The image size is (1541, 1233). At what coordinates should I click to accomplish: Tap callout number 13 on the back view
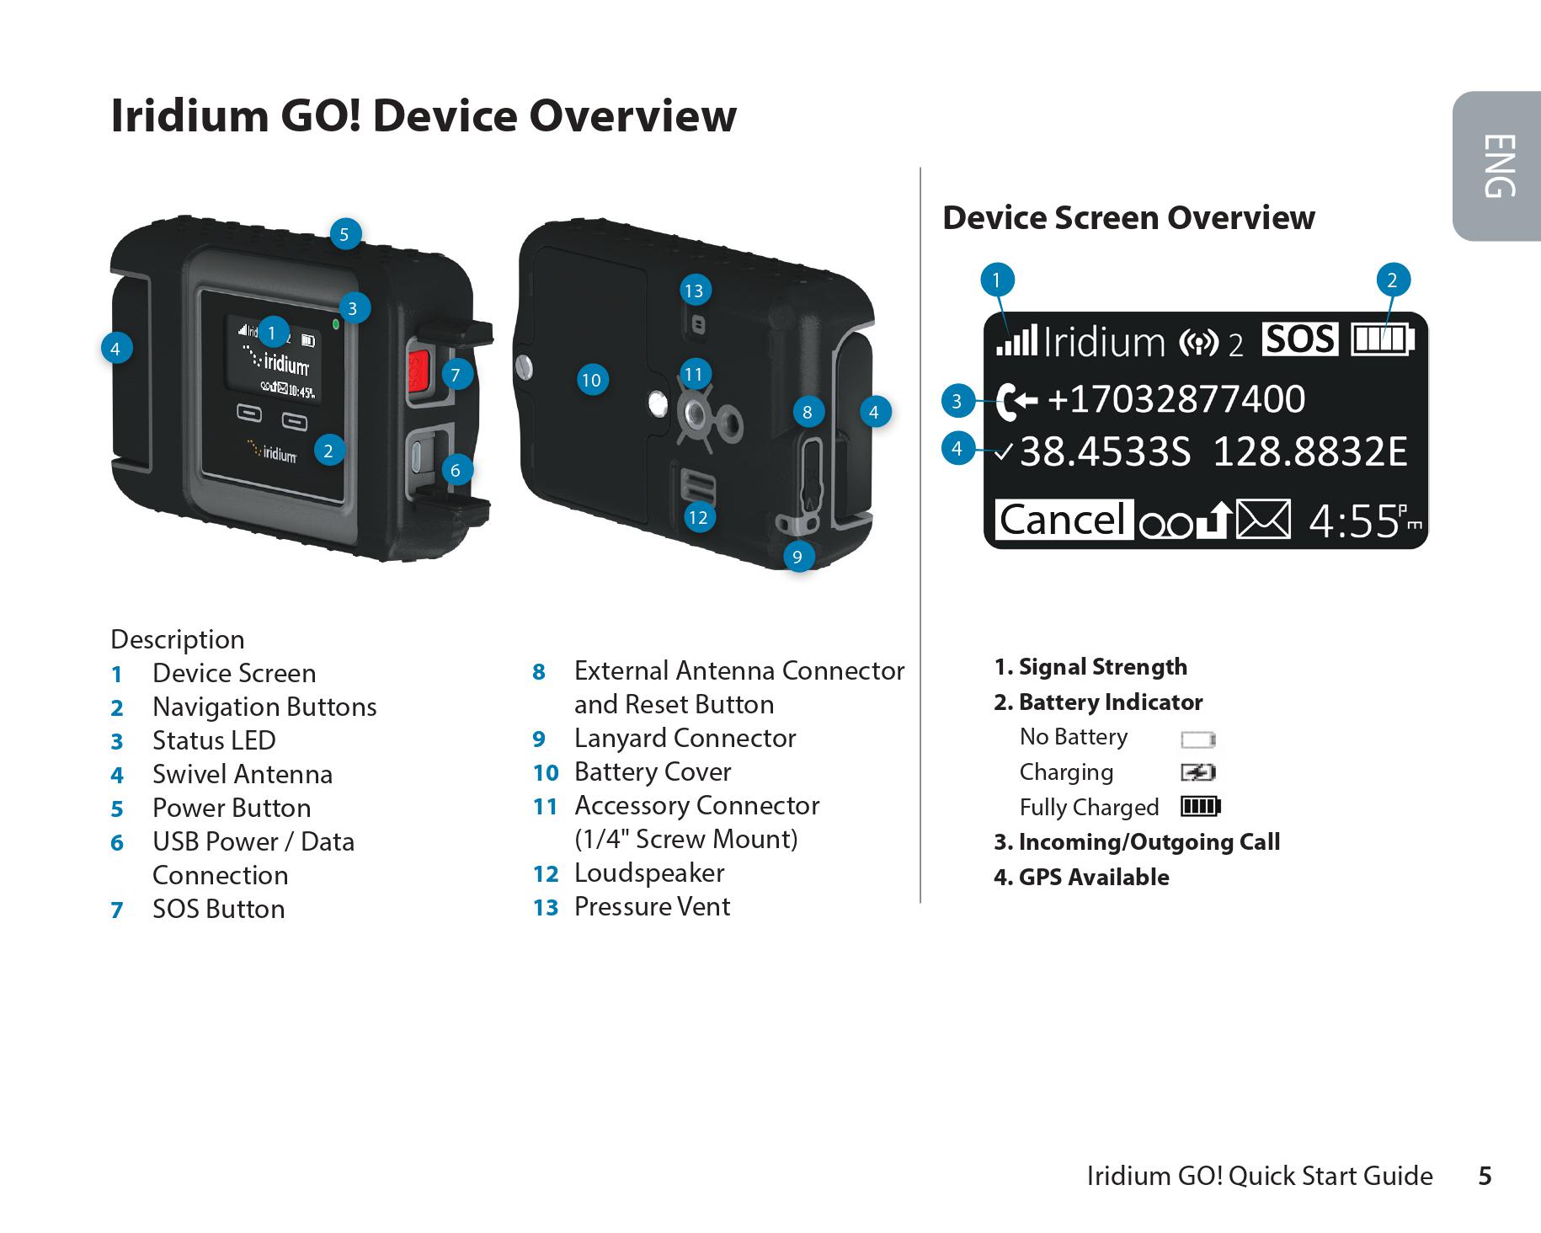[693, 291]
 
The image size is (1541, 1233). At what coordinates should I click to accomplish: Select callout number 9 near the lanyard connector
[797, 556]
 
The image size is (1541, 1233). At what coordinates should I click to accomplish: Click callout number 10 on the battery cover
[591, 380]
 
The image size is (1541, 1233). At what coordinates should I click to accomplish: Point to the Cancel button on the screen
[1063, 520]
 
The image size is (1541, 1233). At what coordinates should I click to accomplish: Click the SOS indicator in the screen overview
[1299, 339]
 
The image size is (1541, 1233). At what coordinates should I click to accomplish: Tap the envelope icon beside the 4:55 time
[1263, 520]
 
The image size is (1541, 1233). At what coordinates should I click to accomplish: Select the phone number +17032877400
[1176, 399]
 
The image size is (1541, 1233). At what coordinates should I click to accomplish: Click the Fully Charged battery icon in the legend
[1200, 807]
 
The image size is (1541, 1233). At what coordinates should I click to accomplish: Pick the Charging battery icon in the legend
[1198, 772]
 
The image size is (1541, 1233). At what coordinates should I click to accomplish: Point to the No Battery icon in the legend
[1198, 739]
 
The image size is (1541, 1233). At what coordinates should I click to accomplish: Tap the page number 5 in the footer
[1485, 1176]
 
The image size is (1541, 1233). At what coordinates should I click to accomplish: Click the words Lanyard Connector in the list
[685, 738]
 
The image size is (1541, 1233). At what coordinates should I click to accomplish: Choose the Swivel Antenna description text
[243, 774]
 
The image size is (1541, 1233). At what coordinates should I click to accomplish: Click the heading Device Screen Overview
[1128, 217]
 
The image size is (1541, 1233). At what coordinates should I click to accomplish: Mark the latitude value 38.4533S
[1106, 452]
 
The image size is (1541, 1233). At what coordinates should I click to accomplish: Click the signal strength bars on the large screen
[1016, 341]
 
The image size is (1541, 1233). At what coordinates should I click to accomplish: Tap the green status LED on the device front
[336, 323]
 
